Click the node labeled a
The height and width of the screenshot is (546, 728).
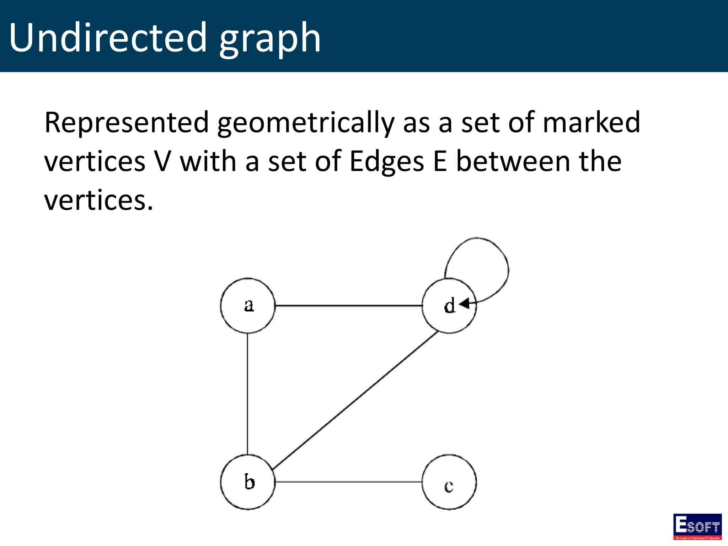tap(248, 305)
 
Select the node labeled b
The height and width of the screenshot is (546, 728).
tap(248, 482)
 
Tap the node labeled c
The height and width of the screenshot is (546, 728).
tap(449, 482)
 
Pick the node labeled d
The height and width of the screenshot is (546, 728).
tap(449, 306)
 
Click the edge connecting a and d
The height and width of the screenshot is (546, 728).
tap(348, 305)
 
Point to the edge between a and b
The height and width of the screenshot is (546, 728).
tap(247, 394)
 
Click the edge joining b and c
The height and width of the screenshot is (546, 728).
tap(348, 482)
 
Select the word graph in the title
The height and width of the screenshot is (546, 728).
tap(270, 39)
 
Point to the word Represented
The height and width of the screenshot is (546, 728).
tap(127, 123)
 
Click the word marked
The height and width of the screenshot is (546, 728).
tap(591, 123)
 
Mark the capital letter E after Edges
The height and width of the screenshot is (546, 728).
tap(440, 162)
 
